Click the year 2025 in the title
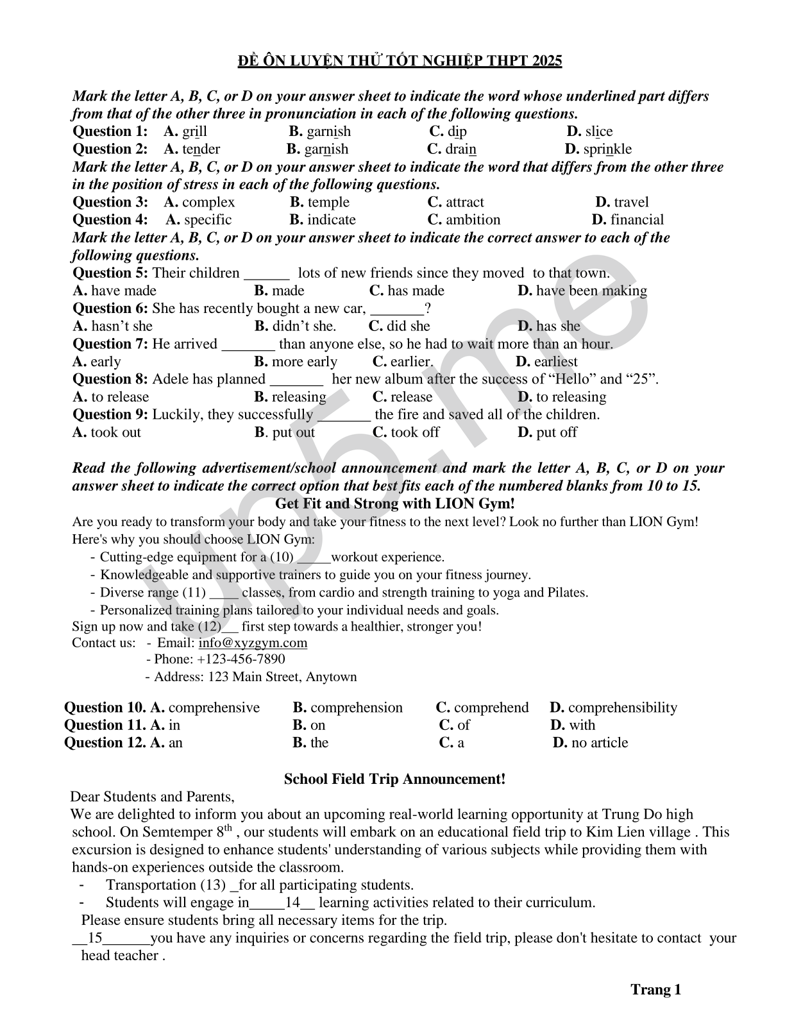(x=543, y=61)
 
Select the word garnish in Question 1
(x=328, y=131)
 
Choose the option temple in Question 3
(x=328, y=202)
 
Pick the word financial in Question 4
(x=637, y=219)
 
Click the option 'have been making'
(x=591, y=291)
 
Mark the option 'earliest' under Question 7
(x=555, y=361)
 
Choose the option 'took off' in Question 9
(x=414, y=432)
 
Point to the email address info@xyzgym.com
(x=253, y=643)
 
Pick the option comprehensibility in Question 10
(x=622, y=707)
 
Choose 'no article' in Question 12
(x=600, y=743)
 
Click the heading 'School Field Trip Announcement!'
(x=394, y=779)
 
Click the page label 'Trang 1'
(x=655, y=990)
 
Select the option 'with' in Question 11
(x=582, y=725)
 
